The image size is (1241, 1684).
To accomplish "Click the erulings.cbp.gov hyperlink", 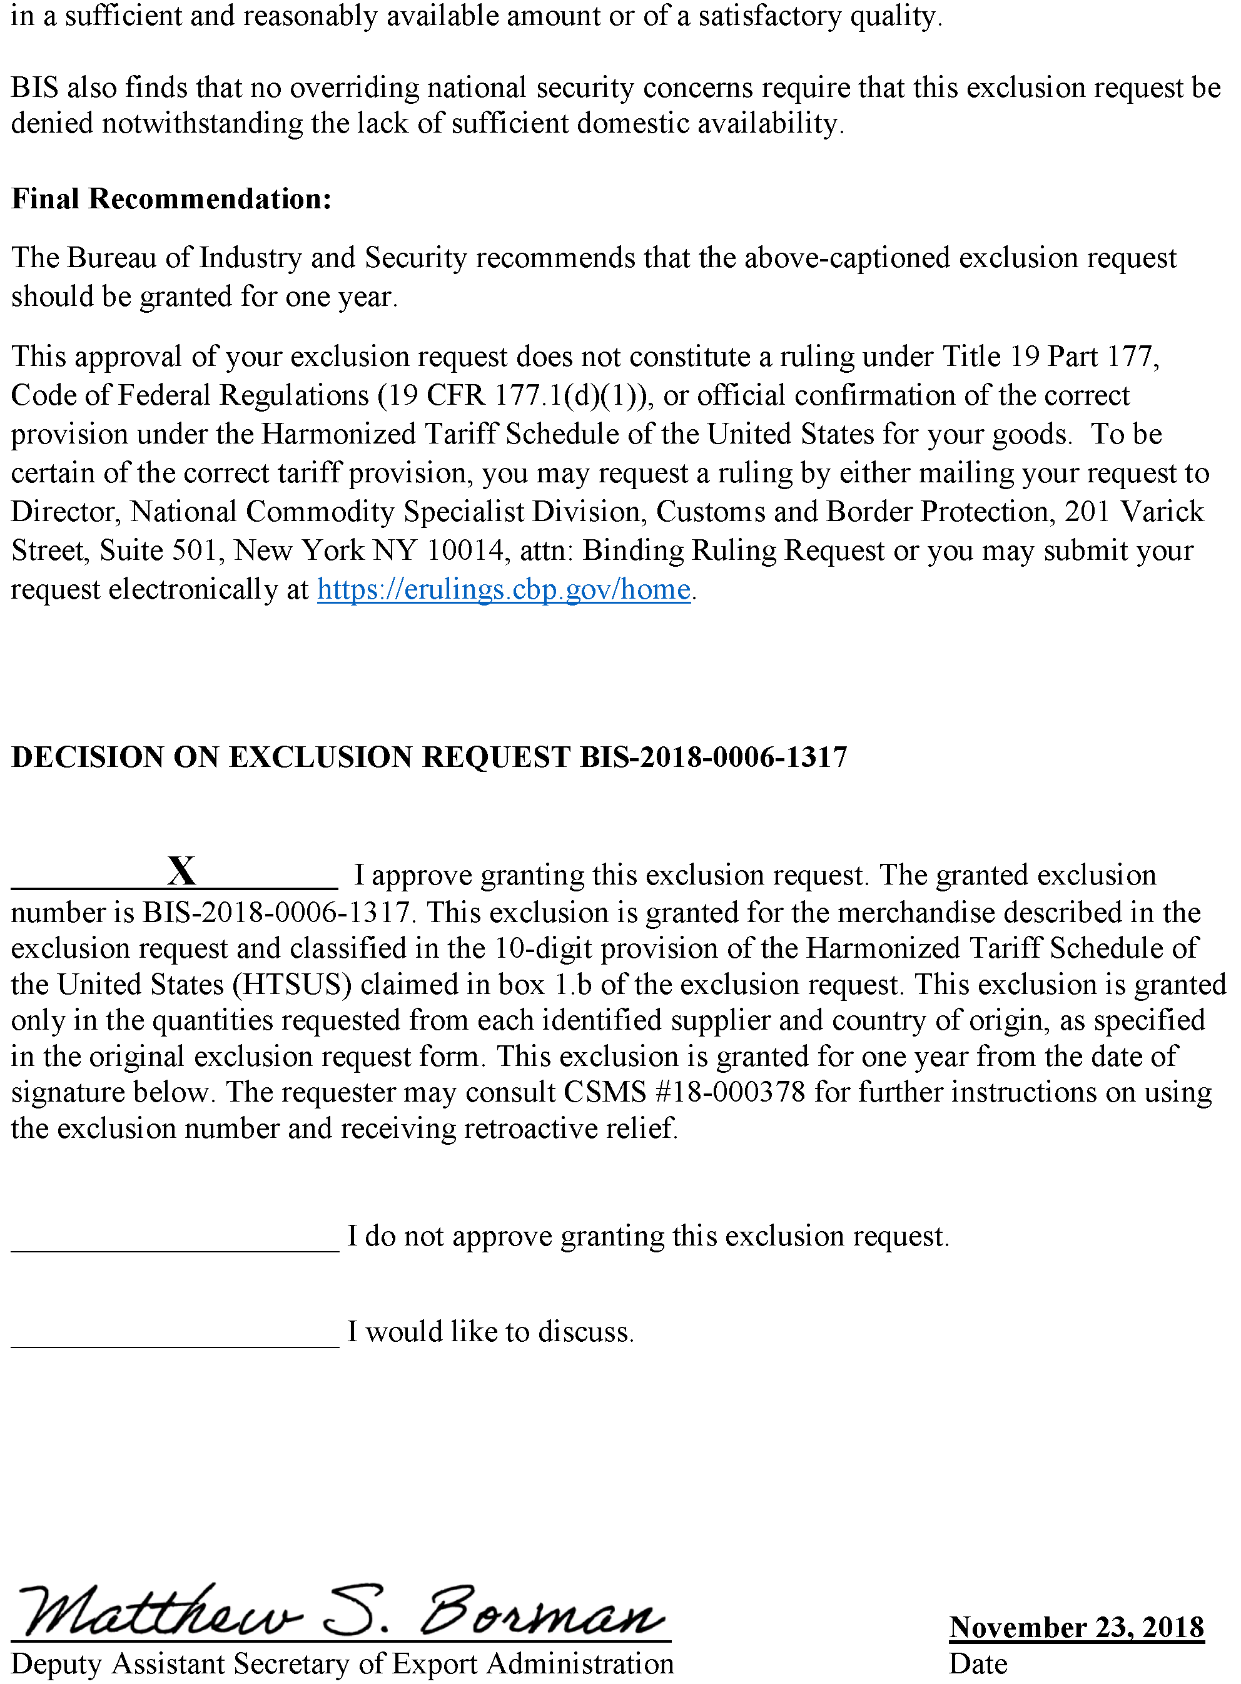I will point(504,590).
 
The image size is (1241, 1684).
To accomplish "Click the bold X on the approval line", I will point(182,871).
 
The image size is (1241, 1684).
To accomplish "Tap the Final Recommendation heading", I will point(171,199).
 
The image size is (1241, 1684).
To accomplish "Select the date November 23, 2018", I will point(1076,1627).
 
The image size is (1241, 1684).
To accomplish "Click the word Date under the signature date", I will point(977,1664).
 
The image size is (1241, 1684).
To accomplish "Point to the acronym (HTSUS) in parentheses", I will point(292,985).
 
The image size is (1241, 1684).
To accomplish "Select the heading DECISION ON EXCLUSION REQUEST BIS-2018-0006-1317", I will point(429,757).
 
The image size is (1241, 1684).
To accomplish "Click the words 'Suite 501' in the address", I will point(158,550).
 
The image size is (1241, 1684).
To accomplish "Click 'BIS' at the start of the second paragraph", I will point(34,88).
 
